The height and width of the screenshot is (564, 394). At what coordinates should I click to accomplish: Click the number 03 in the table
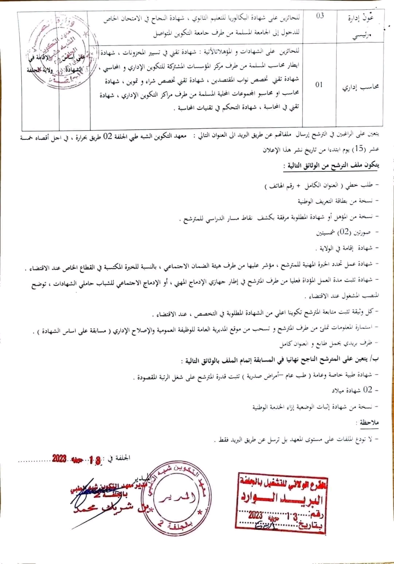click(x=320, y=16)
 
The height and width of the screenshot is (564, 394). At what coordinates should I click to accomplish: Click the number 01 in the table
click(x=319, y=85)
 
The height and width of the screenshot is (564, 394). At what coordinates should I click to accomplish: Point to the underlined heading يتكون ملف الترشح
click(x=331, y=166)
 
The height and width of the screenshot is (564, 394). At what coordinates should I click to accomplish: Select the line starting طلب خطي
click(x=321, y=185)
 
